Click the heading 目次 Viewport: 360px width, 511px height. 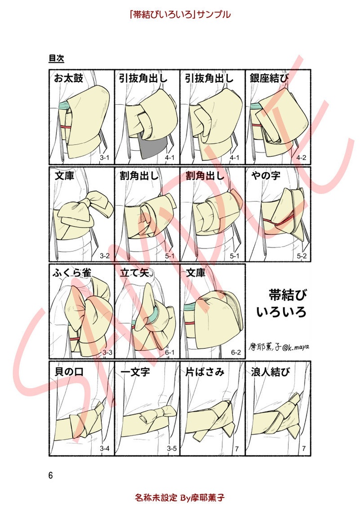pos(56,58)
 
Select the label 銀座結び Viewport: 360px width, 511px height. pos(269,79)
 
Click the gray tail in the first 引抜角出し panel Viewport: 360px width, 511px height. pos(151,149)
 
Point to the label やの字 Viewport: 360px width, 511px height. pos(263,176)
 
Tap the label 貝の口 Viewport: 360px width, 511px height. pos(68,372)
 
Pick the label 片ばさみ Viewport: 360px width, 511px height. pos(204,372)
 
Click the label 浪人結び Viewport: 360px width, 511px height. pos(272,372)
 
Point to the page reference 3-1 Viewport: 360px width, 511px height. pos(105,158)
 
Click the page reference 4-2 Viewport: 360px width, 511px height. pos(301,158)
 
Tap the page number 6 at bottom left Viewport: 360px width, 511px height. pos(51,475)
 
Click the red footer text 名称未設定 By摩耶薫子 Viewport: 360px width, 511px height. pos(180,498)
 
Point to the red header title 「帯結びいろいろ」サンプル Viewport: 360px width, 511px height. pos(180,14)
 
